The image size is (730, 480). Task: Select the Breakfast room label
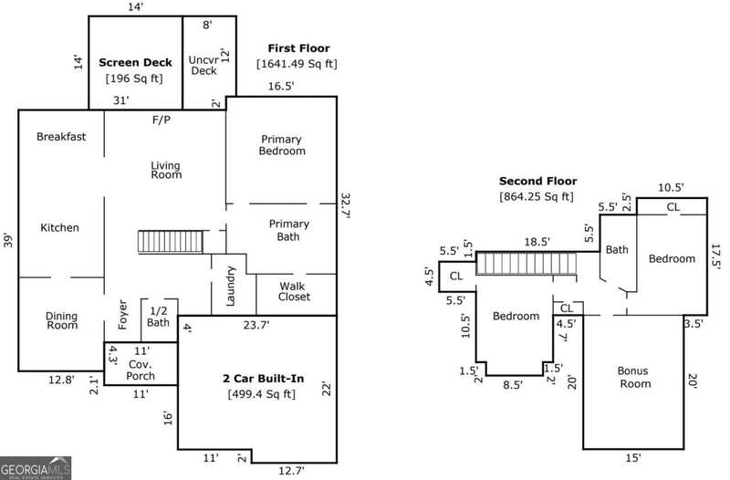pyautogui.click(x=61, y=137)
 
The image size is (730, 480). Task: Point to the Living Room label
pyautogui.click(x=165, y=170)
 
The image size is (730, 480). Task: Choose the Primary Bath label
pyautogui.click(x=288, y=230)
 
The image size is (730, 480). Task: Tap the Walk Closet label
pyautogui.click(x=294, y=291)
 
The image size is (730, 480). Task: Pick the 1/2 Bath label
pyautogui.click(x=159, y=317)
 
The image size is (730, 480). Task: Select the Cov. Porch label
pyautogui.click(x=141, y=370)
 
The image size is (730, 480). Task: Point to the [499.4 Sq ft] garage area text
pyautogui.click(x=260, y=394)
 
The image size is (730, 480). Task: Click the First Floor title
pyautogui.click(x=298, y=47)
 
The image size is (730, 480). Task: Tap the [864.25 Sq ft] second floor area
pyautogui.click(x=537, y=196)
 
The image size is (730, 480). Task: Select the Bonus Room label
pyautogui.click(x=633, y=377)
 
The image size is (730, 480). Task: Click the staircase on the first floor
pyautogui.click(x=170, y=242)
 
